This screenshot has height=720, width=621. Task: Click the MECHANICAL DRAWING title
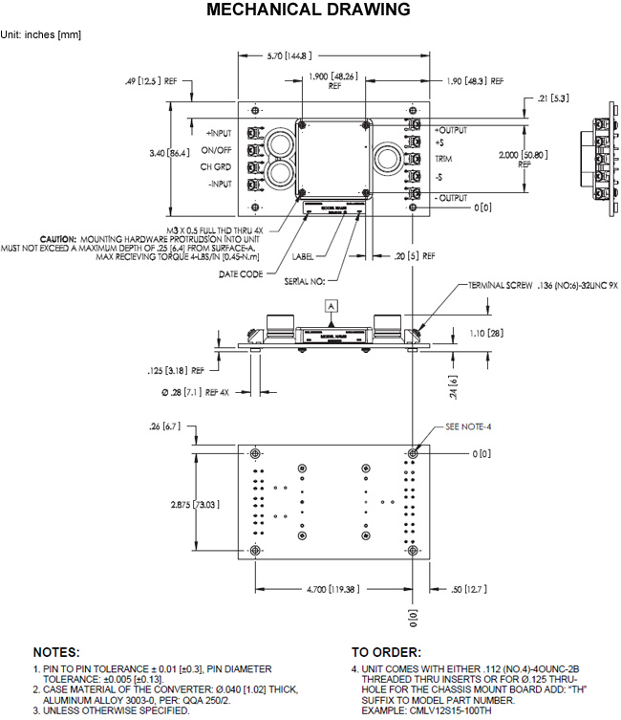310,11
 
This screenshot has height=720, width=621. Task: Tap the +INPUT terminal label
219,133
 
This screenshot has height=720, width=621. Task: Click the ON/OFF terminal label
217,150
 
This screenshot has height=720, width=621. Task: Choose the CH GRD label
217,167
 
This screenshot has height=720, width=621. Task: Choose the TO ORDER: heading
386,651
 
